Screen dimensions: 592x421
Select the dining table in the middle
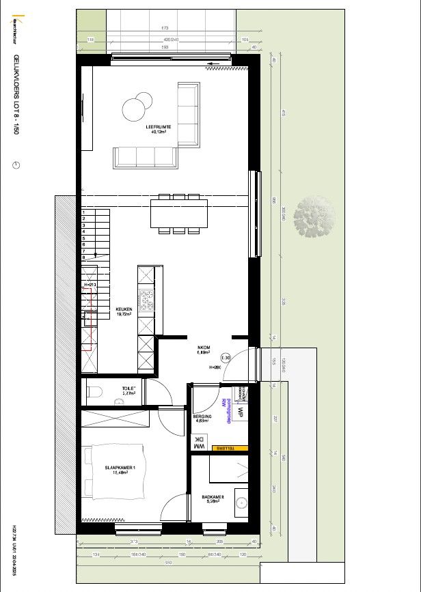pos(179,214)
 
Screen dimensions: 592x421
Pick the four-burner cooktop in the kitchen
pos(147,301)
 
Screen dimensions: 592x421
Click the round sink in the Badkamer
pos(241,503)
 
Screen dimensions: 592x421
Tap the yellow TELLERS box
pos(229,449)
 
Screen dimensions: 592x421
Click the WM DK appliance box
pos(200,442)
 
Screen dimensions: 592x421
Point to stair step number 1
pos(84,212)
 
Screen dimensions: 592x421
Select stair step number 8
pos(84,257)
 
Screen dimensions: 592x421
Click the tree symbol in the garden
pos(314,216)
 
